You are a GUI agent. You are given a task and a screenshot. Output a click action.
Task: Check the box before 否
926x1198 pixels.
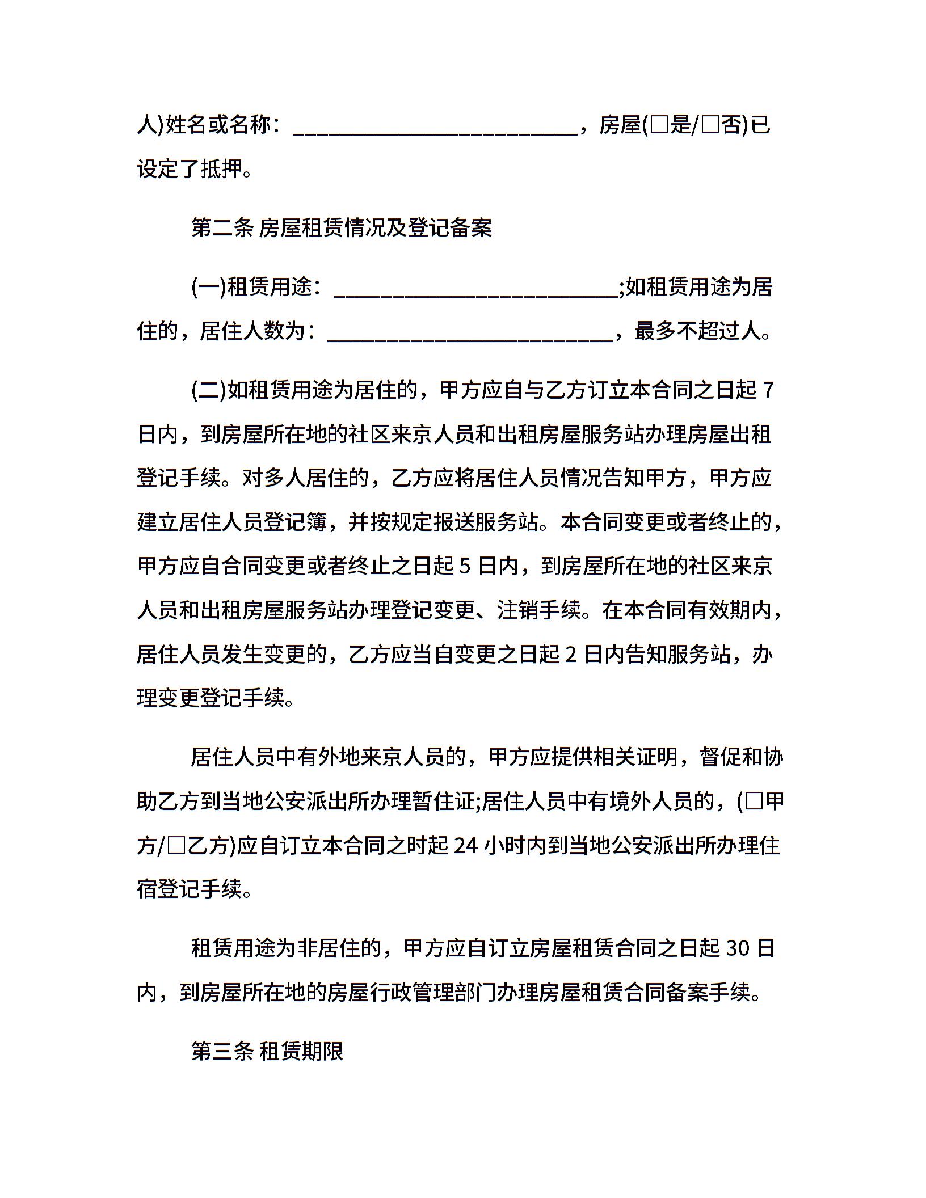coord(711,124)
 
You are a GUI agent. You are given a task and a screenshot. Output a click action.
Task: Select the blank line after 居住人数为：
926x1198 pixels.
coord(470,336)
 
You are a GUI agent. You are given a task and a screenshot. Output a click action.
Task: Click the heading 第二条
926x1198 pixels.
coord(222,228)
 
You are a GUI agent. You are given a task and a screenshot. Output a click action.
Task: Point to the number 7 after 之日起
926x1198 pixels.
coord(768,391)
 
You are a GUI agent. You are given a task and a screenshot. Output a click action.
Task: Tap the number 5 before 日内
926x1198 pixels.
coord(464,566)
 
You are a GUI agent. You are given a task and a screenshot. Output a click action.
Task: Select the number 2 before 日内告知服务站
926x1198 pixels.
coord(571,655)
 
